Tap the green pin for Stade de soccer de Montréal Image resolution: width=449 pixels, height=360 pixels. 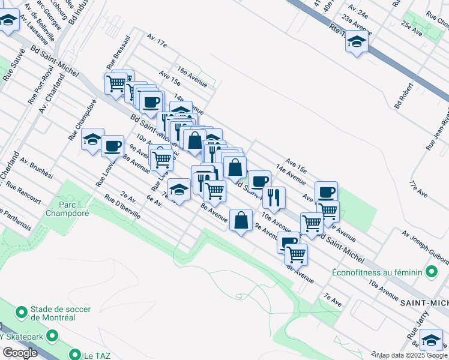tap(22, 313)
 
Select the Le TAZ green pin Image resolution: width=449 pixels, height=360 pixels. tap(75, 355)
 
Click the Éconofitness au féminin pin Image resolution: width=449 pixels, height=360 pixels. tap(431, 272)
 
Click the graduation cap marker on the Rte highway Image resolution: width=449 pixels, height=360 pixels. tap(357, 42)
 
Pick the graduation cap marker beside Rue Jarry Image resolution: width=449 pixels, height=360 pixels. tap(431, 340)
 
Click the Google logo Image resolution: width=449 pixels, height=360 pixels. tap(19, 353)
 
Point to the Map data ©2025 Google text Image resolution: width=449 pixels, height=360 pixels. tap(412, 355)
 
